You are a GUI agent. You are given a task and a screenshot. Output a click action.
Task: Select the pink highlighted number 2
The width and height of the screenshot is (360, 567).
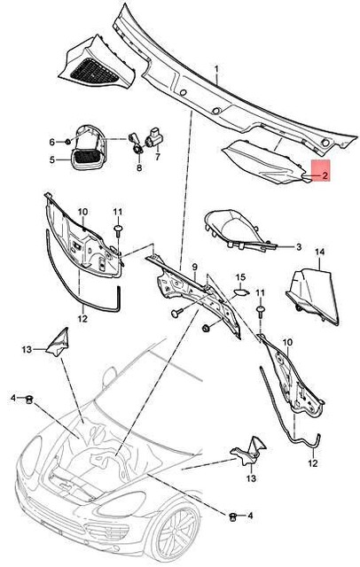tap(325, 175)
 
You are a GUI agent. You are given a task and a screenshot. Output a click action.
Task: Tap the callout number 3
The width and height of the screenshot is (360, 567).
tap(299, 247)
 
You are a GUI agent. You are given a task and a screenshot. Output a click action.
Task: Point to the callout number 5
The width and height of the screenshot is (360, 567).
tap(52, 159)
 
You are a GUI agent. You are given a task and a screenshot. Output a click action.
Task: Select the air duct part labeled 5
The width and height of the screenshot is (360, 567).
tap(88, 147)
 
